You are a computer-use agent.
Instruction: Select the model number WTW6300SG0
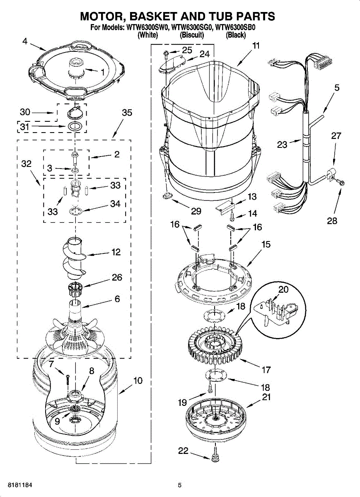tap(191, 28)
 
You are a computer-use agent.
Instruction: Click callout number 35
tap(127, 113)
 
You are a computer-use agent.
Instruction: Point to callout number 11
tap(256, 46)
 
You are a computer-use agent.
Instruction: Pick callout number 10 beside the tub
tap(138, 380)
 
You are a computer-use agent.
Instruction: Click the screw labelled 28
tap(341, 182)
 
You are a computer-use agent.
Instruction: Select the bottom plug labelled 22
tap(215, 458)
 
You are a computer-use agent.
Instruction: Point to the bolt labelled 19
tap(211, 388)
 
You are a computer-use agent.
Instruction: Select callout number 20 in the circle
tap(283, 290)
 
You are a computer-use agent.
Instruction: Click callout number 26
tap(117, 277)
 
